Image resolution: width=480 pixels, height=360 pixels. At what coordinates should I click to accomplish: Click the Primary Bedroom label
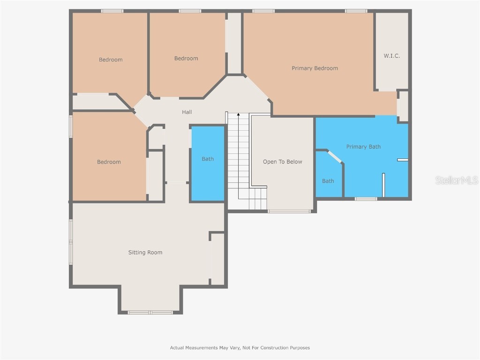(x=315, y=68)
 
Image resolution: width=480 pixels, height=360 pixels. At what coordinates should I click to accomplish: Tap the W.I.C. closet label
(x=391, y=56)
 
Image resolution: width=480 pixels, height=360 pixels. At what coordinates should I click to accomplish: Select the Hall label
(x=187, y=112)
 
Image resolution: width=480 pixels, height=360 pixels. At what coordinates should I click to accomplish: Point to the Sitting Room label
(x=145, y=253)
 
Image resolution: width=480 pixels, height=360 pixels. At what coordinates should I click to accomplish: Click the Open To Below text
(x=282, y=162)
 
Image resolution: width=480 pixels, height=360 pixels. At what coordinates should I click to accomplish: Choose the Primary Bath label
(x=363, y=147)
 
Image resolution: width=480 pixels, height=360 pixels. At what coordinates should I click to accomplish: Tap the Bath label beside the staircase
(x=208, y=159)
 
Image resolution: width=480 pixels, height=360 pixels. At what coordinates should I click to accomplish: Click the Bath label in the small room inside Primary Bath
(x=328, y=181)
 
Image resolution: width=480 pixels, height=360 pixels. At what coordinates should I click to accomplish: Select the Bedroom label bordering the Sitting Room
(x=109, y=162)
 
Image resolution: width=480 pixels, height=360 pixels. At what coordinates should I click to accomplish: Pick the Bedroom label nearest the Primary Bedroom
(x=186, y=59)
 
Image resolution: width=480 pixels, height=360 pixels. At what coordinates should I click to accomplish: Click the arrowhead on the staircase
(x=238, y=114)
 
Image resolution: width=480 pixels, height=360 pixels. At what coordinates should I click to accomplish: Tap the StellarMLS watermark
(x=456, y=180)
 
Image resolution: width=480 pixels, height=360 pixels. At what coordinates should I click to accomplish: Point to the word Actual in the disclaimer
(x=177, y=348)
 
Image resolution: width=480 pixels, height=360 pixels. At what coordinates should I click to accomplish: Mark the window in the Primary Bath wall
(x=366, y=199)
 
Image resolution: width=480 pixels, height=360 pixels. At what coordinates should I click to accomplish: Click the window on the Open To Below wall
(x=289, y=211)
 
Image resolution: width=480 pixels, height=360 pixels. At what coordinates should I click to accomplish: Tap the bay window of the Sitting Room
(x=150, y=312)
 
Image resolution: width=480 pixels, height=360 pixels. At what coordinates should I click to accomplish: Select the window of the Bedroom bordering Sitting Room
(x=71, y=126)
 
